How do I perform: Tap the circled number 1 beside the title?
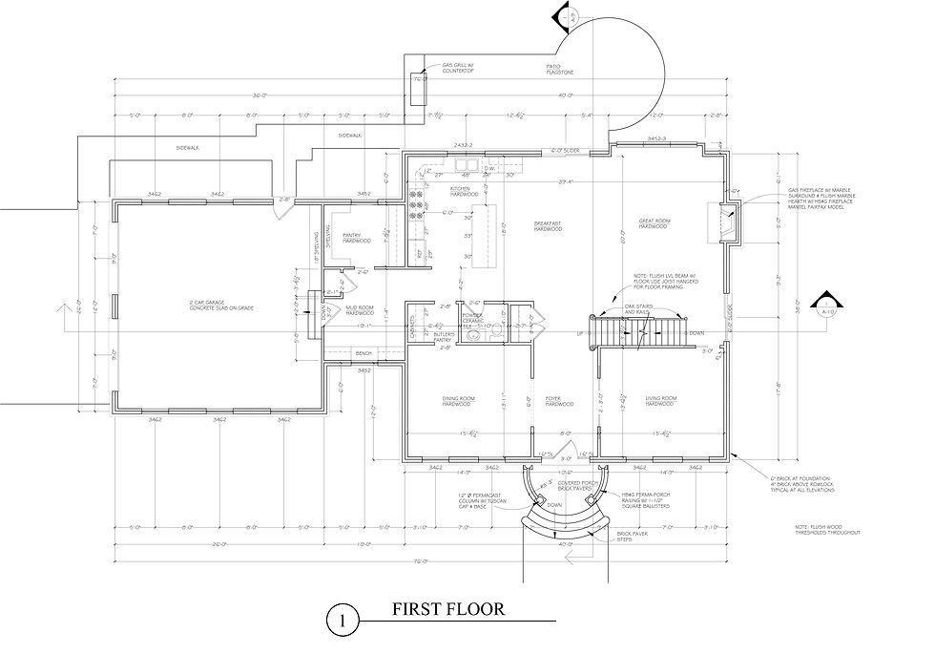(x=341, y=620)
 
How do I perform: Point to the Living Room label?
(x=660, y=401)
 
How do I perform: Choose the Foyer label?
(x=558, y=401)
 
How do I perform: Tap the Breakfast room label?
(x=548, y=227)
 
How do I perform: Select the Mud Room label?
(x=360, y=309)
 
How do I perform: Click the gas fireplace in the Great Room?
(x=724, y=222)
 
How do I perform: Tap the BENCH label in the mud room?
(x=363, y=354)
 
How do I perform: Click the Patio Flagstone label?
(x=560, y=69)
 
